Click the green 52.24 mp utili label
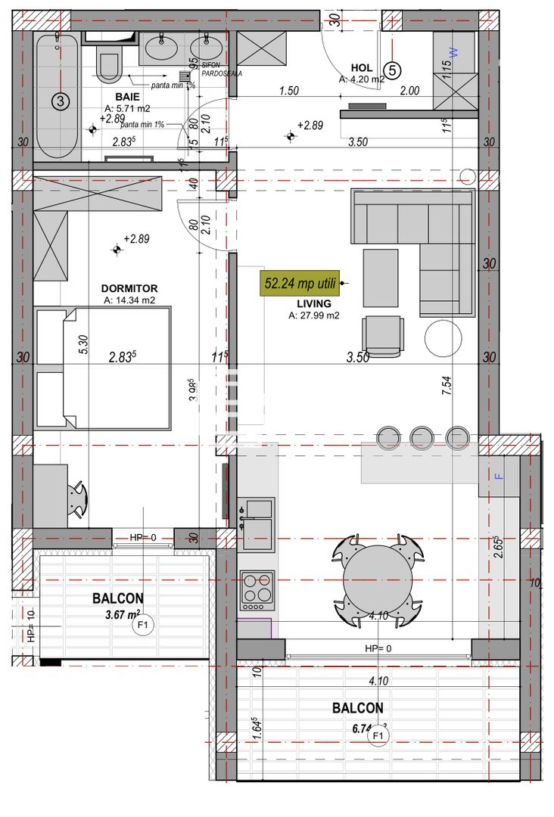click(x=300, y=284)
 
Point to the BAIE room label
click(x=127, y=97)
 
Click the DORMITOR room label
click(x=129, y=288)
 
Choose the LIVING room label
click(x=313, y=304)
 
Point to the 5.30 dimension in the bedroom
click(x=83, y=345)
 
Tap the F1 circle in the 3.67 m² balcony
click(x=142, y=625)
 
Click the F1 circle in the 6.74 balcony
click(x=378, y=735)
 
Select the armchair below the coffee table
click(x=382, y=334)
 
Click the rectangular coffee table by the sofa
click(x=380, y=278)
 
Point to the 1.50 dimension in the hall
click(x=288, y=91)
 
